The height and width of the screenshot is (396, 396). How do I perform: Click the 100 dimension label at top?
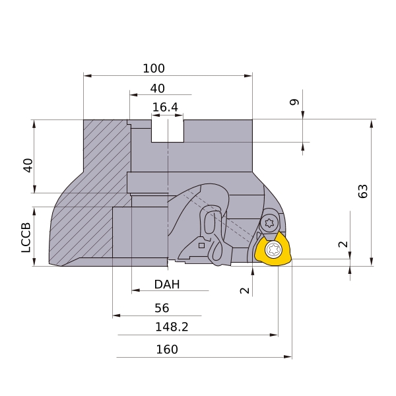154,69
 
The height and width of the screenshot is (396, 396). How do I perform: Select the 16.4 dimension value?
165,108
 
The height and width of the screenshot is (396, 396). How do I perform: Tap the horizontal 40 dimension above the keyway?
158,88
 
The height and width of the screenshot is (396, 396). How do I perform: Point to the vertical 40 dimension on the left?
28,166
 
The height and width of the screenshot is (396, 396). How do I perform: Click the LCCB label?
26,238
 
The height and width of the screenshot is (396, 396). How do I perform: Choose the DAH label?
167,284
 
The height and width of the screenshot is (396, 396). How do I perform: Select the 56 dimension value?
162,308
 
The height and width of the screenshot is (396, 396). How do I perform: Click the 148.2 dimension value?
172,327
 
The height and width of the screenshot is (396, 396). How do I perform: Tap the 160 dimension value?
167,350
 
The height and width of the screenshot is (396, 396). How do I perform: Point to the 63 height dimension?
363,191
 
